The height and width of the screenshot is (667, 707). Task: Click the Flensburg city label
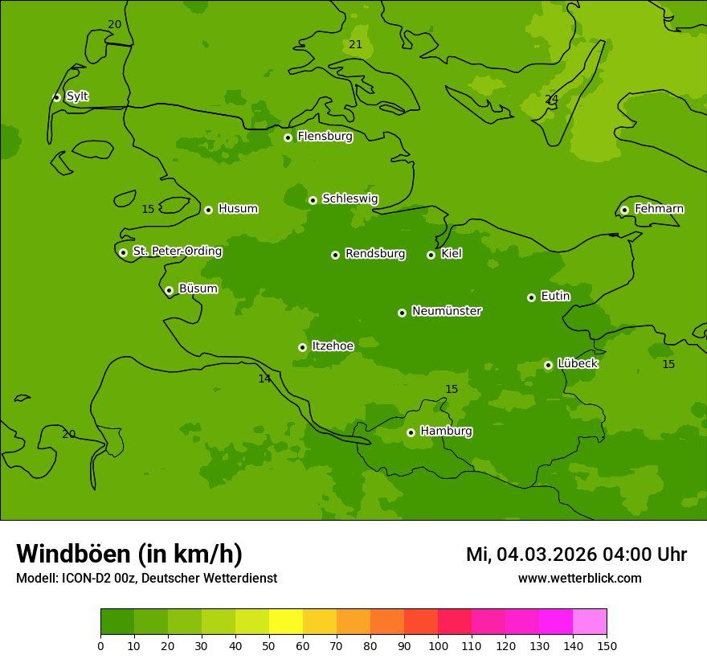[325, 137]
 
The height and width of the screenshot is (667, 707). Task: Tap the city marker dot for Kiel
[431, 255]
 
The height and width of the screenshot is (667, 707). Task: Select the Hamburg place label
[446, 432]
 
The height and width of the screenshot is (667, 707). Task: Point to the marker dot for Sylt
[56, 97]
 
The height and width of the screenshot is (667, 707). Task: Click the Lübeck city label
[577, 364]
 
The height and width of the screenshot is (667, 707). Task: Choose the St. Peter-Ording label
[177, 252]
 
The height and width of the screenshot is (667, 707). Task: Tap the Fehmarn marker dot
[624, 210]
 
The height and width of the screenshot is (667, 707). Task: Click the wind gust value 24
[551, 100]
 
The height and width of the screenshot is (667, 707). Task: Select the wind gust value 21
[355, 45]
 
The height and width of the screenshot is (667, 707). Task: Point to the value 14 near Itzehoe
[264, 379]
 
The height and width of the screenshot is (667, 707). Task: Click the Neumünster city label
[446, 311]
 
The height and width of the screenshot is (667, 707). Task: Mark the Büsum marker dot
[169, 290]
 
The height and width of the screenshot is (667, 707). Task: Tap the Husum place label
[238, 209]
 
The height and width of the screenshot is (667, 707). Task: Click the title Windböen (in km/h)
[129, 554]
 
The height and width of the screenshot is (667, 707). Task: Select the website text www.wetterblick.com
[579, 579]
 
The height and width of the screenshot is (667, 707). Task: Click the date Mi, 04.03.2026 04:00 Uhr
[576, 554]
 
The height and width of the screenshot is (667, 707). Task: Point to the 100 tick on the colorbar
[438, 645]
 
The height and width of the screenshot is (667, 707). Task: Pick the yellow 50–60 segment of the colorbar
[286, 622]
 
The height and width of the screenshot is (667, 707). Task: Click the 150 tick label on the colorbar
[607, 645]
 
